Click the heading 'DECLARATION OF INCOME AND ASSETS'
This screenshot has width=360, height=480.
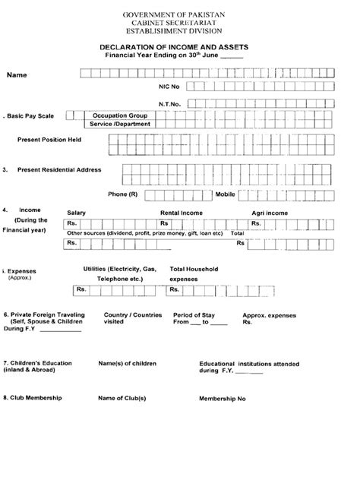tap(180, 47)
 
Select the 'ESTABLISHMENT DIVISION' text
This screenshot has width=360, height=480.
tap(179, 32)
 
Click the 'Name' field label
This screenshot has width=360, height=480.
tap(18, 74)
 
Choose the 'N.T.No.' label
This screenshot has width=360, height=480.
tap(169, 102)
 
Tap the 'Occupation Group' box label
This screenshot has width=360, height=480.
tap(119, 114)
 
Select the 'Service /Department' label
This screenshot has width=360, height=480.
tap(119, 124)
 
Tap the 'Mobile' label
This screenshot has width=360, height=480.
tap(226, 194)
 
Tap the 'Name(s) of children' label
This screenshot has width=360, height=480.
tap(127, 364)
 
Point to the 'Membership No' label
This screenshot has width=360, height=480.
tap(223, 399)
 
